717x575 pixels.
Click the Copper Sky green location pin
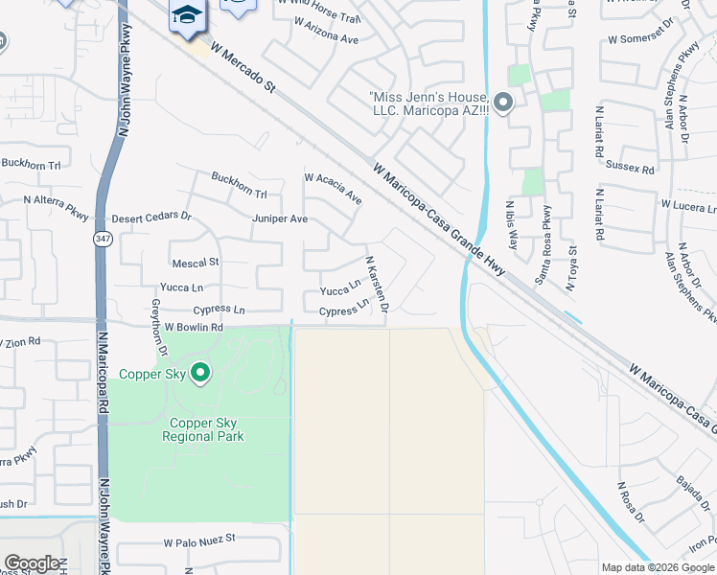pyautogui.click(x=199, y=372)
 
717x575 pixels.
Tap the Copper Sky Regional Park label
pyautogui.click(x=206, y=429)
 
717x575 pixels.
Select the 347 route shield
pyautogui.click(x=102, y=239)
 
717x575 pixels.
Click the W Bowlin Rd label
pyautogui.click(x=193, y=327)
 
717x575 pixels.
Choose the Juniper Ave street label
pyautogui.click(x=280, y=218)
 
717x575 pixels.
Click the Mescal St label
pyautogui.click(x=195, y=262)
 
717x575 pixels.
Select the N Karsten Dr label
pyautogui.click(x=377, y=284)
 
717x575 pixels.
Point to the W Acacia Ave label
pyautogui.click(x=333, y=189)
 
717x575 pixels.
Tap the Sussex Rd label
pyautogui.click(x=630, y=168)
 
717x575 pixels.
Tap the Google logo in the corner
pyautogui.click(x=32, y=563)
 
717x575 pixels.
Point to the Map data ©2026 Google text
pyautogui.click(x=658, y=567)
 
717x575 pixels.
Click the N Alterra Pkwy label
pyautogui.click(x=56, y=201)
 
